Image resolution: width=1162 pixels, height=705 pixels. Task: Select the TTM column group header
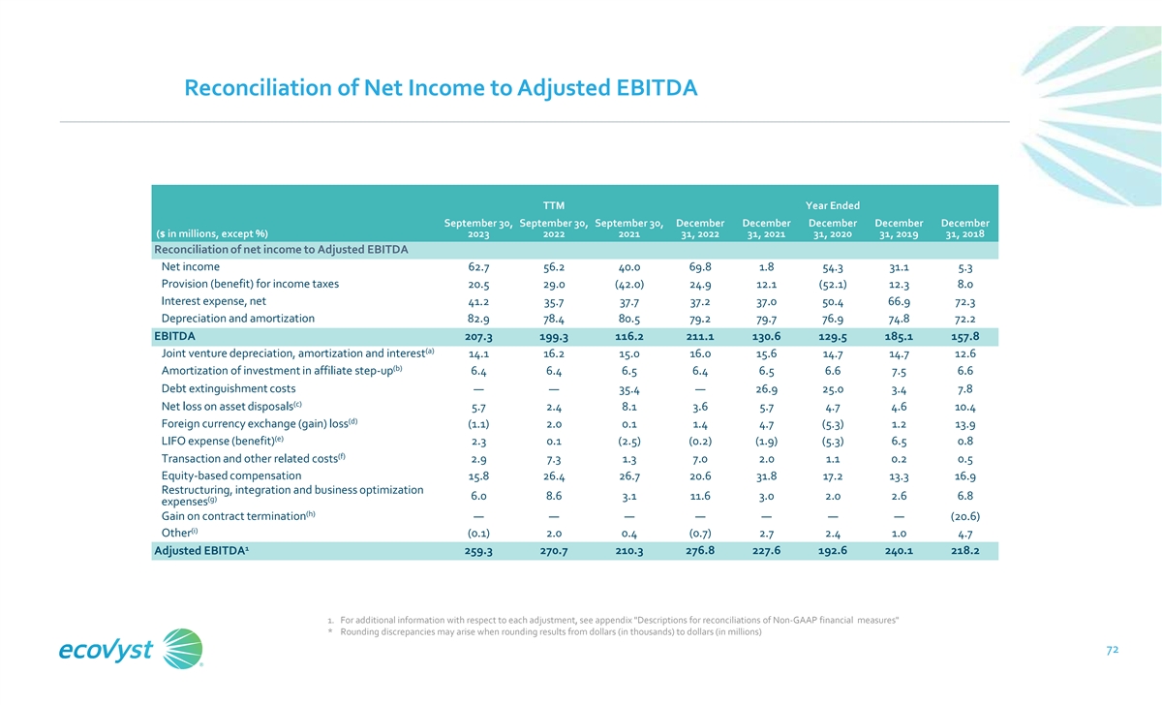coord(554,205)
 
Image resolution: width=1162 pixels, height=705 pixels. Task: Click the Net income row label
coord(191,266)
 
